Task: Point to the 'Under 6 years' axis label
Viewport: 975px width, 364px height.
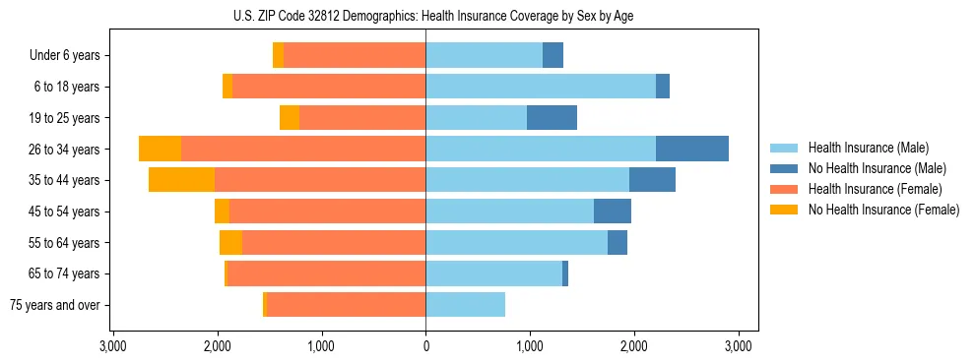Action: pyautogui.click(x=65, y=55)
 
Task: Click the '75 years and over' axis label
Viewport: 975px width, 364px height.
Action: pyautogui.click(x=54, y=305)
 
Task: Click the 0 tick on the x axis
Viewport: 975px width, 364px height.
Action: pyautogui.click(x=425, y=345)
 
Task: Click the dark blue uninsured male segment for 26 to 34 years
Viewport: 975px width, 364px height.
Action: pyautogui.click(x=692, y=149)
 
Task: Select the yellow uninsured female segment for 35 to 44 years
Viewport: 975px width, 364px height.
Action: pyautogui.click(x=181, y=180)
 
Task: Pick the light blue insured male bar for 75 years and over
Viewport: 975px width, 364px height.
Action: pyautogui.click(x=465, y=305)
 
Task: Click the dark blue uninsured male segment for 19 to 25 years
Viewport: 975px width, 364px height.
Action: pyautogui.click(x=552, y=118)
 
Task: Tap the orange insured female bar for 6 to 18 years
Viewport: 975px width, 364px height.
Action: pyautogui.click(x=329, y=87)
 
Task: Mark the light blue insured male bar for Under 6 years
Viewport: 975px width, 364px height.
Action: pyautogui.click(x=484, y=55)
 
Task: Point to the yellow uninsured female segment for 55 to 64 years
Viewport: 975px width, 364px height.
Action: pyautogui.click(x=230, y=243)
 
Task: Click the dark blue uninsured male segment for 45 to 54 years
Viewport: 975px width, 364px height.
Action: pyautogui.click(x=613, y=212)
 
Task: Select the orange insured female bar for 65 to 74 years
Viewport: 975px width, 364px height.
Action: pyautogui.click(x=326, y=273)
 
